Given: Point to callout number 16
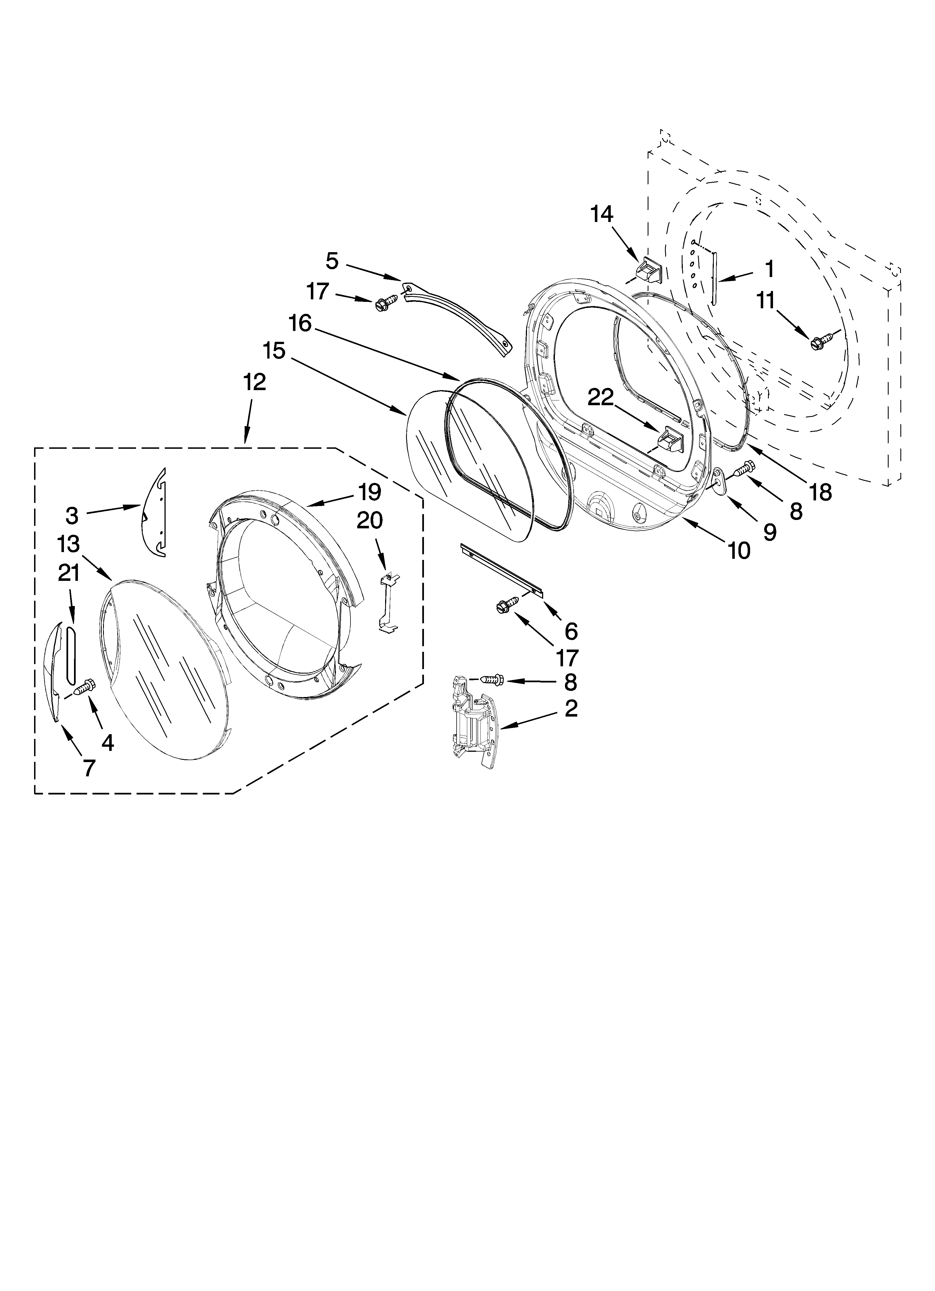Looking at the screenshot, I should click(x=300, y=324).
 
